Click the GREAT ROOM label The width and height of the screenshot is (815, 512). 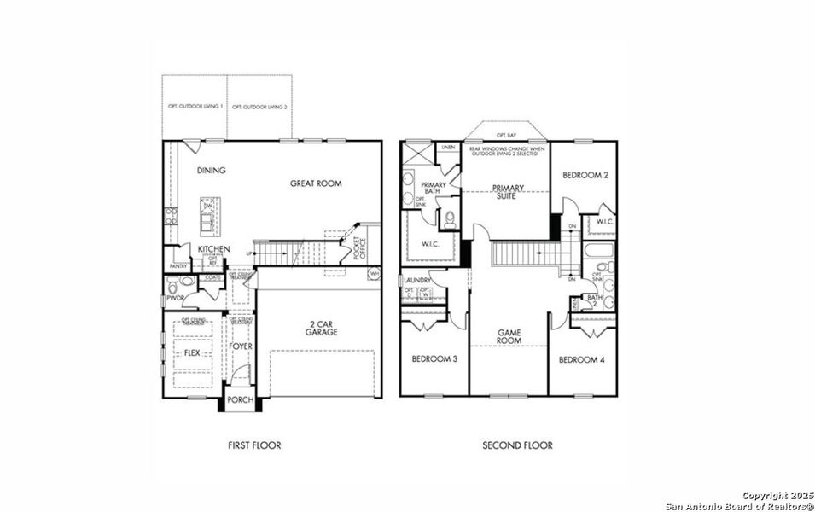point(316,183)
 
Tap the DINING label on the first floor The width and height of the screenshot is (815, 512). point(212,171)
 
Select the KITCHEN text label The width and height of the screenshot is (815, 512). point(213,249)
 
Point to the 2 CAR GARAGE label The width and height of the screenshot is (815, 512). point(322,328)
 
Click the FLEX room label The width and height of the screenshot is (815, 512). point(192,352)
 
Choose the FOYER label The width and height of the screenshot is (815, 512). point(241,346)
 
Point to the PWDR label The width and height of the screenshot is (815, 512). point(176,299)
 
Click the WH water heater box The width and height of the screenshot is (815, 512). point(374,273)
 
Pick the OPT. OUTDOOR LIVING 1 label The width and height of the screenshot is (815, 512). point(195,107)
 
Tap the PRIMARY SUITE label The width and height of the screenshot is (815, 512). point(505,191)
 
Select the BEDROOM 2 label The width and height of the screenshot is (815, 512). point(585,175)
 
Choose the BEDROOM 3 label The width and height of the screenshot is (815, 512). point(434,359)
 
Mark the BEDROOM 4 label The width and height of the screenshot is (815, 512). point(581,360)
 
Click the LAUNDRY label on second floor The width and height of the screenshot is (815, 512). point(417,280)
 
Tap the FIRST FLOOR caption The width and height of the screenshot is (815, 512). point(253,445)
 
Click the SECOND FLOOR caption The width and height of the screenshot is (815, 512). point(517,445)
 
